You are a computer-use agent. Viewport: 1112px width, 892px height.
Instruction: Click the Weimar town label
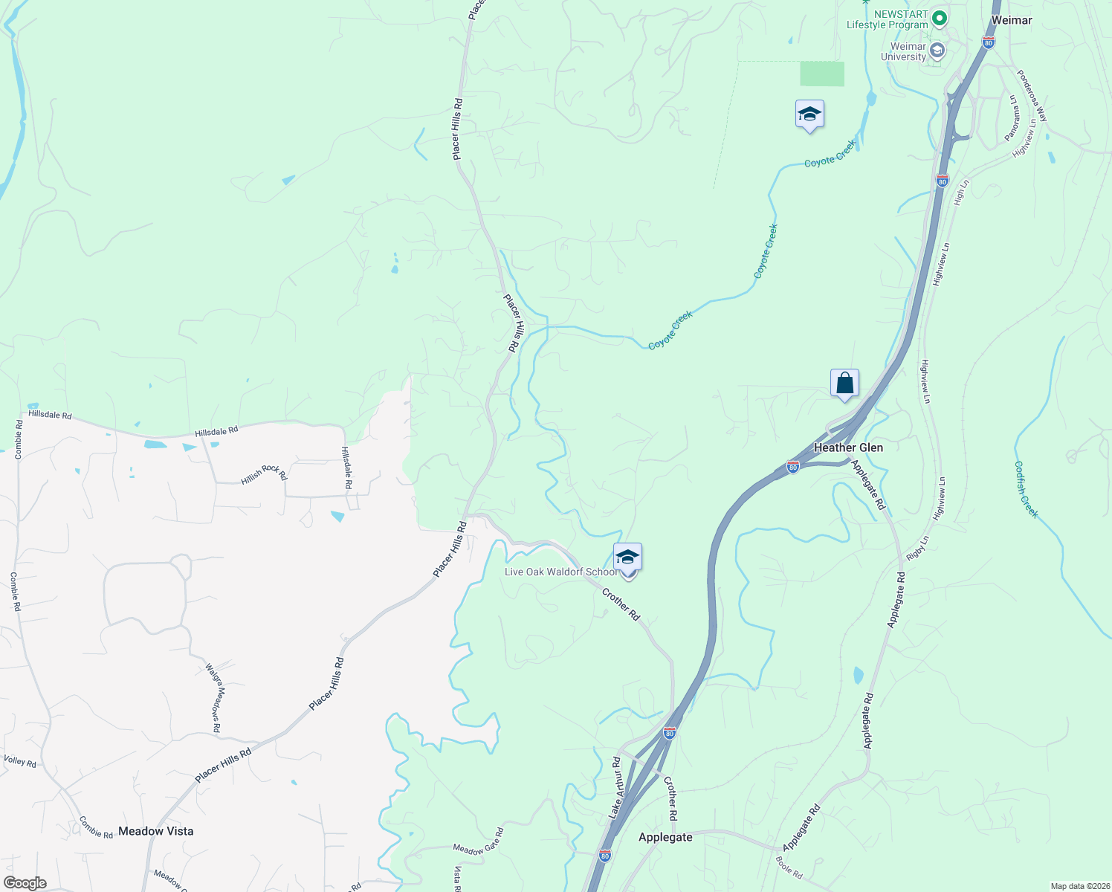click(x=1012, y=20)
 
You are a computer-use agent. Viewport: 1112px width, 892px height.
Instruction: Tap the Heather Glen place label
click(x=848, y=447)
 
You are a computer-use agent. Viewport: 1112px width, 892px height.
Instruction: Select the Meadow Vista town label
click(x=156, y=831)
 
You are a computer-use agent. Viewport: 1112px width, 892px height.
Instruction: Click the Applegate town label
click(x=665, y=837)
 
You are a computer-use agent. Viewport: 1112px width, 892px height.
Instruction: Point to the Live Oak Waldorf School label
click(x=560, y=572)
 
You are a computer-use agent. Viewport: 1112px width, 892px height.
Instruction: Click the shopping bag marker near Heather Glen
click(x=844, y=384)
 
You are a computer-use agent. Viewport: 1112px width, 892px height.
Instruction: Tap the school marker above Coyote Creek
click(x=809, y=114)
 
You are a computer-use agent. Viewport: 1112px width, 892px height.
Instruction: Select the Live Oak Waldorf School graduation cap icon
click(x=627, y=557)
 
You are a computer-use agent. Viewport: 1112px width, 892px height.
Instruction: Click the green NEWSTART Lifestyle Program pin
click(x=940, y=16)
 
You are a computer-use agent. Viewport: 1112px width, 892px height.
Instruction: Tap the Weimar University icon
click(x=937, y=51)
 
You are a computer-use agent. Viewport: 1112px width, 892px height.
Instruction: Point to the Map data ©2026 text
click(x=1079, y=886)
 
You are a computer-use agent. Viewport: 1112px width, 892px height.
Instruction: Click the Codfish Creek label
click(x=1026, y=490)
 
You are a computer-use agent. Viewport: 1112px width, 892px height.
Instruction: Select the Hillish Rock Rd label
click(x=264, y=474)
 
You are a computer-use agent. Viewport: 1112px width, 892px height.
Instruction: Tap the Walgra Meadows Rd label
click(x=213, y=698)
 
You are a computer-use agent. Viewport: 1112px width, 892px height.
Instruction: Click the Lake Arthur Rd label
click(x=615, y=788)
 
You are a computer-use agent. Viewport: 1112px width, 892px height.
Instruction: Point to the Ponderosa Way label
click(x=1032, y=96)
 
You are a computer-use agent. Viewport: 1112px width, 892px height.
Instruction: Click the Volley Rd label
click(x=20, y=761)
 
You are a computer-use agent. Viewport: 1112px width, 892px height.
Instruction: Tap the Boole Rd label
click(x=789, y=868)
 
